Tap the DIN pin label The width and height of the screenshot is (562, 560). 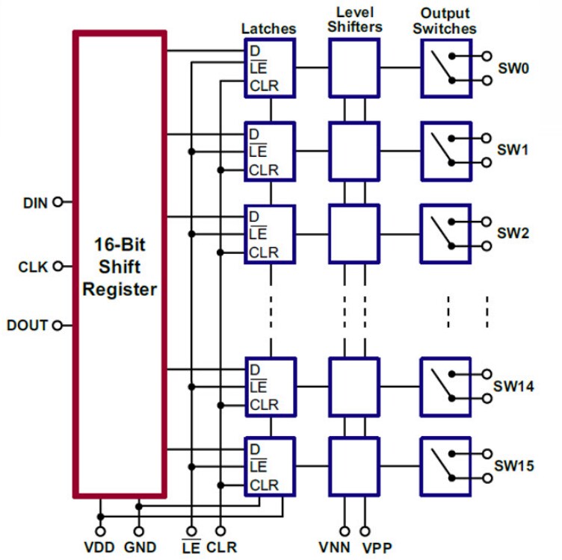pyautogui.click(x=35, y=202)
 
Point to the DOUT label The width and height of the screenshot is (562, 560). pyautogui.click(x=27, y=326)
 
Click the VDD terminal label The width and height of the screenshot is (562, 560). pyautogui.click(x=99, y=547)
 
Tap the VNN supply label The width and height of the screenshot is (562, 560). pyautogui.click(x=334, y=547)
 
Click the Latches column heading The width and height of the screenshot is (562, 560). pyautogui.click(x=268, y=28)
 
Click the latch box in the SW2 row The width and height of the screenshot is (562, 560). pyautogui.click(x=271, y=233)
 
